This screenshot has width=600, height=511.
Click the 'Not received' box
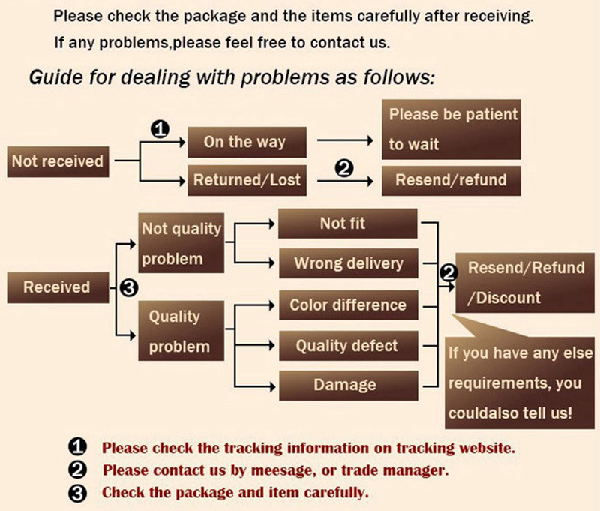point(57,161)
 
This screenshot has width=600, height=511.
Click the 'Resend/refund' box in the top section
point(451,180)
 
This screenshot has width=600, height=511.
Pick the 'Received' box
point(57,287)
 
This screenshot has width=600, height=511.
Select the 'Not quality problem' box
point(181,243)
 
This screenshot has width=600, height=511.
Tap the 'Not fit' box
point(347,224)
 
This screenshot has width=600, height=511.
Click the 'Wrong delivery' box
point(348,263)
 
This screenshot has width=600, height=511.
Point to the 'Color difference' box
point(347,305)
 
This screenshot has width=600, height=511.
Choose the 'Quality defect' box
point(347,346)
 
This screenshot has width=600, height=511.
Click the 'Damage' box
point(347,385)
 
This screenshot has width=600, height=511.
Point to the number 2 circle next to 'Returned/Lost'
point(345,170)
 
